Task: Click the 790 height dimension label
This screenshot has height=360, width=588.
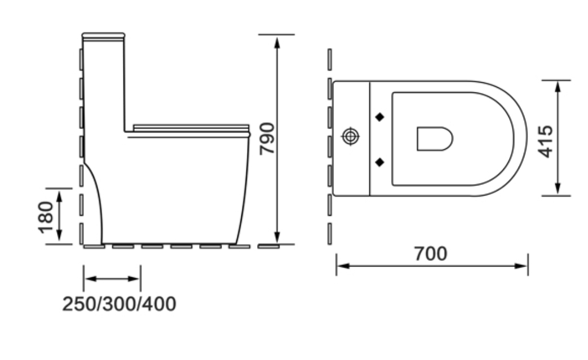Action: pos(267,138)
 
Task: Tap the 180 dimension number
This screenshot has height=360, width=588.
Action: pos(46,217)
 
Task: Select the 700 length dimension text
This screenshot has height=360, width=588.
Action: pos(431,254)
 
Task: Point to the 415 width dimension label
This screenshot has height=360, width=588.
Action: pos(545,141)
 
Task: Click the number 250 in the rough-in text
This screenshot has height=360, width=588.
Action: pos(79,304)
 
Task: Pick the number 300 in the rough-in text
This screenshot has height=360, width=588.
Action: pos(120,304)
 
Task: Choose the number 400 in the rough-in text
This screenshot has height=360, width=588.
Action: pos(160,304)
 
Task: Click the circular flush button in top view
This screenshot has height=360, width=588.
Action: pos(351,137)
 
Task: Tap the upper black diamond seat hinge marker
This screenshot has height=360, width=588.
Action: pos(380,117)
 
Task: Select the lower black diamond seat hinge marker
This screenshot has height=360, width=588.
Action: pos(380,162)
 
